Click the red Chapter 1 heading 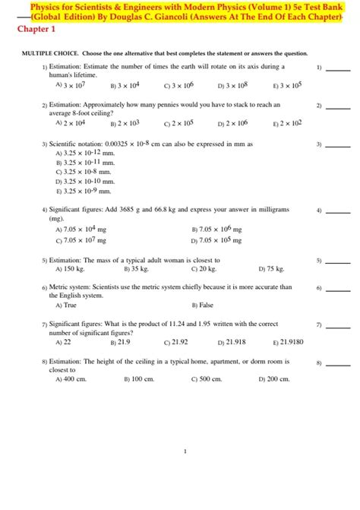tap(33, 30)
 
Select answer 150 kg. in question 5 tap(72, 268)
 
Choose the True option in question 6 tap(69, 305)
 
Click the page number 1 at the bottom tap(185, 451)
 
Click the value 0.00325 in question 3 tap(112, 143)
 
